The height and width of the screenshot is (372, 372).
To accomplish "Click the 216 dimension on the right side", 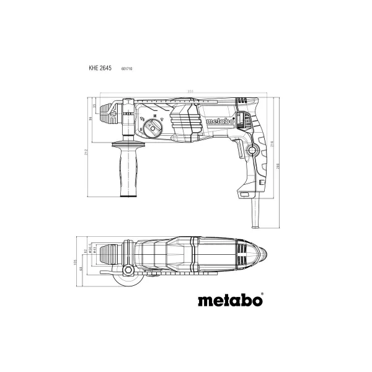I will coord(270,144).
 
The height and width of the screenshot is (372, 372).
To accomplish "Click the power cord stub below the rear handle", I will coord(255,214).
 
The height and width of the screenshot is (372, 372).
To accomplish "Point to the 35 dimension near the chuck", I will coord(94,107).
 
